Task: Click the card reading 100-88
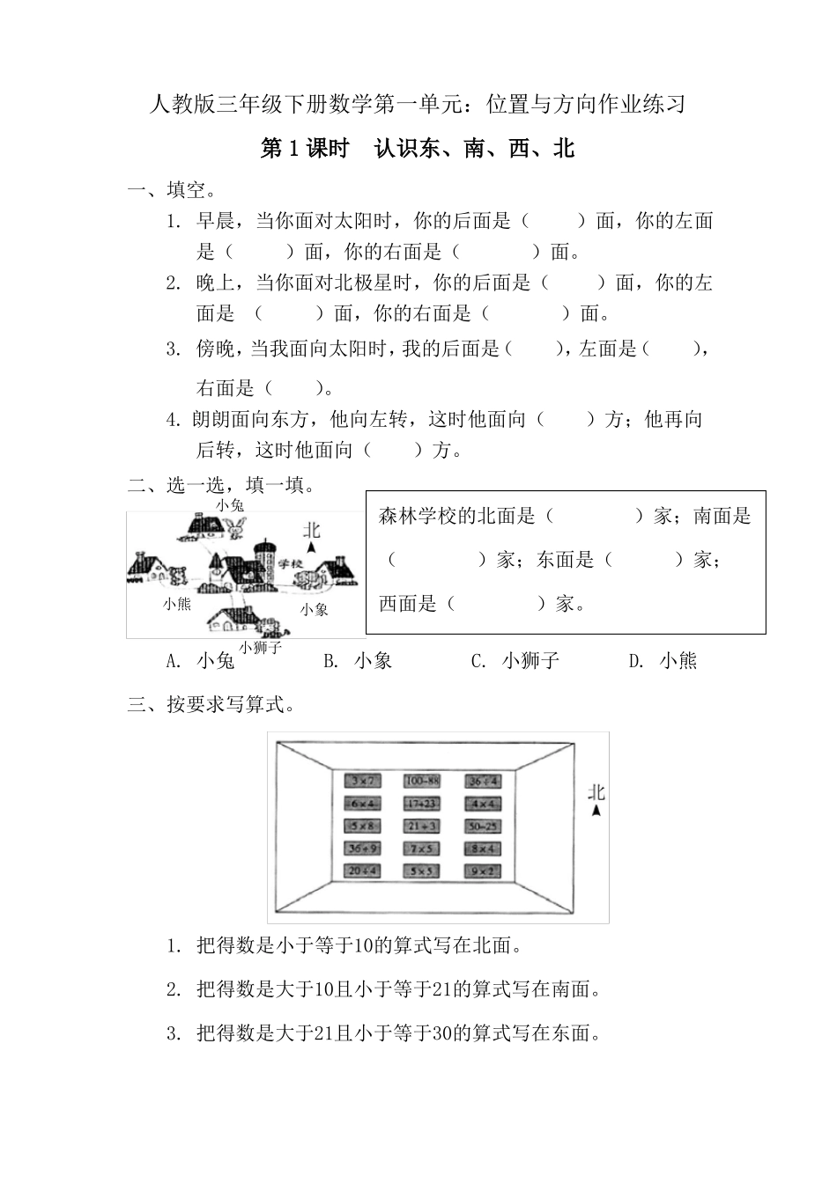point(422,781)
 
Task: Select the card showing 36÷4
point(484,781)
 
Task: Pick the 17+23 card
point(422,804)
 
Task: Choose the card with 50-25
point(484,827)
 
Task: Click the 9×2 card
point(484,871)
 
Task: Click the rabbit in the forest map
point(235,527)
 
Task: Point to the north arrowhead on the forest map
point(311,547)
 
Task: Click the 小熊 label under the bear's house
point(176,604)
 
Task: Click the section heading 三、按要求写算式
point(211,704)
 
